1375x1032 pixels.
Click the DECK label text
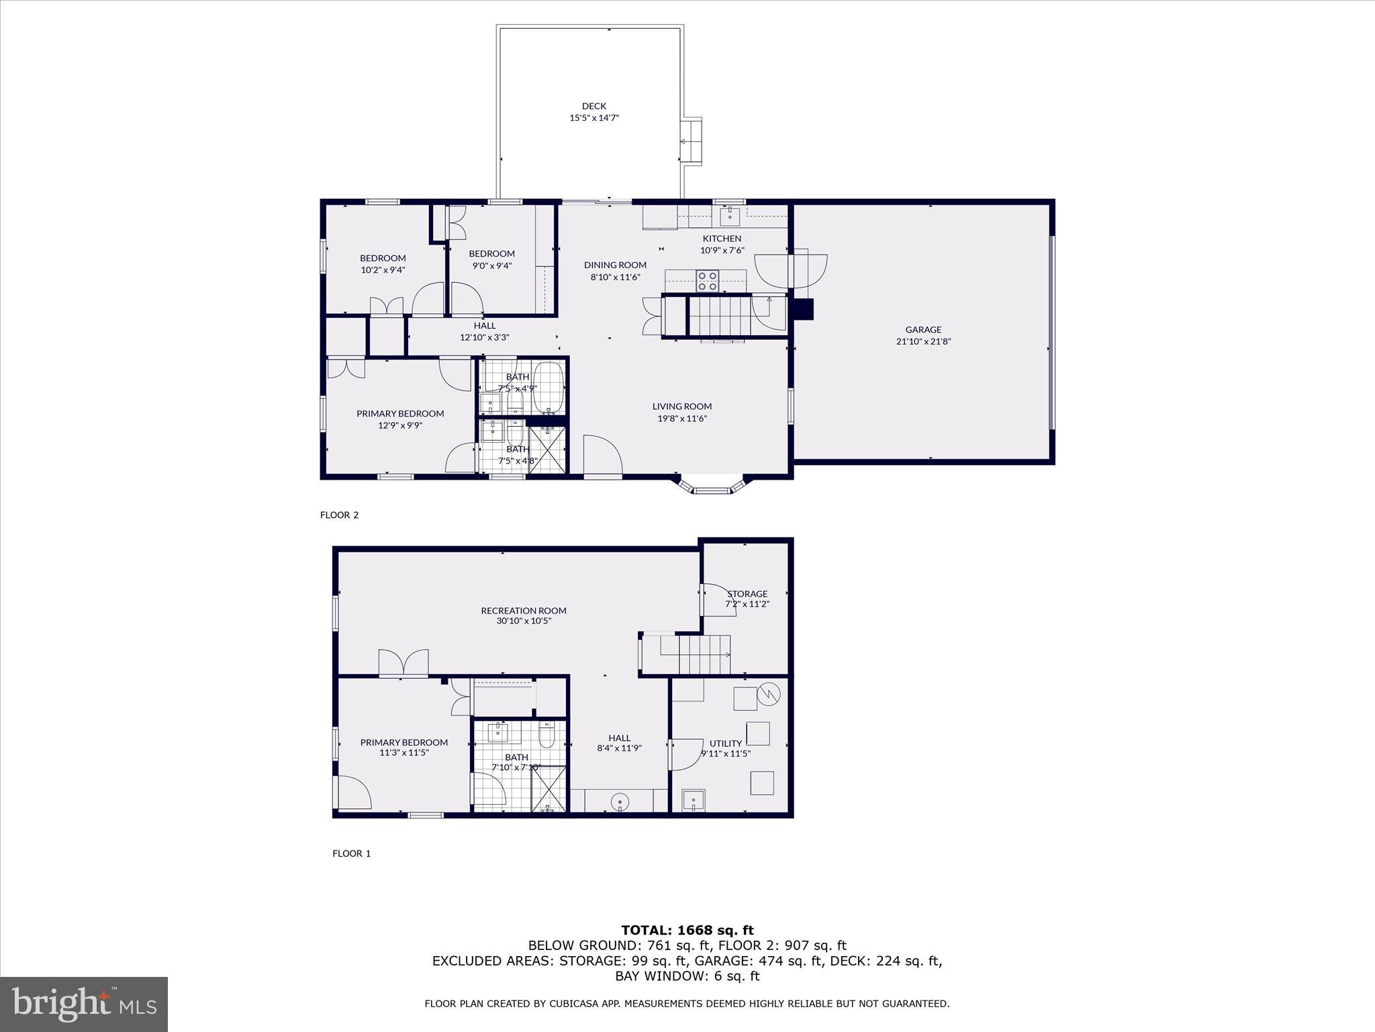click(594, 106)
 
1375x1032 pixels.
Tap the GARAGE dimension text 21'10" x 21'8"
click(923, 341)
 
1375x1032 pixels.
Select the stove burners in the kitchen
click(707, 280)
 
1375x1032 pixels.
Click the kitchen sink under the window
click(730, 216)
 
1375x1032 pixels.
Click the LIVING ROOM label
click(681, 406)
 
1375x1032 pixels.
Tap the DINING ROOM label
click(614, 265)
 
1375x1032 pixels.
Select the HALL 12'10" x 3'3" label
click(484, 331)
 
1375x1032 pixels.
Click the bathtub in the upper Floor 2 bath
click(549, 388)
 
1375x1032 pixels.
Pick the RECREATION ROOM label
click(523, 611)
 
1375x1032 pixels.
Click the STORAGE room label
click(747, 594)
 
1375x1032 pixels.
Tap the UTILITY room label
click(725, 743)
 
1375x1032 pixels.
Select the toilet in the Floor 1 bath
click(547, 736)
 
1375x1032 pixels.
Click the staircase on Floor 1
click(703, 654)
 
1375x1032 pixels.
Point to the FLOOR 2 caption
click(339, 515)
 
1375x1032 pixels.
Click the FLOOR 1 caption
click(351, 853)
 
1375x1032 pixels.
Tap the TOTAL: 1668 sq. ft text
click(687, 930)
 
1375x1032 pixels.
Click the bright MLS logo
click(84, 1004)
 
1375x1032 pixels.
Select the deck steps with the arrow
click(691, 141)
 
